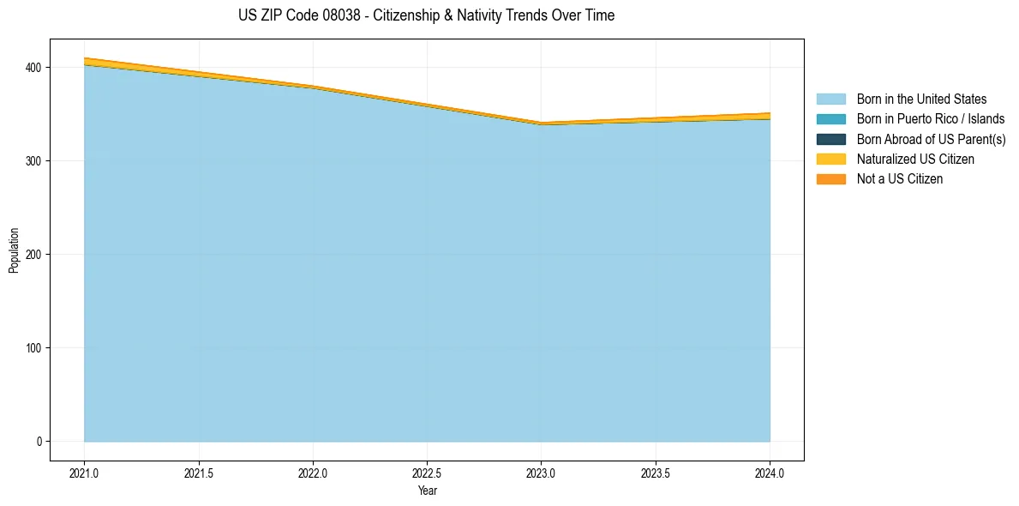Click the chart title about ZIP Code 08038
click(x=427, y=15)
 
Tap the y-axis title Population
click(x=14, y=250)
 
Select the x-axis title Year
click(x=428, y=491)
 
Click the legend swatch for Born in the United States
click(x=831, y=99)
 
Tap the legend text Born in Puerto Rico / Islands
click(x=932, y=119)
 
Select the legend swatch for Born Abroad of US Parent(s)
click(x=831, y=139)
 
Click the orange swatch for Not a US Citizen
click(x=831, y=179)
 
